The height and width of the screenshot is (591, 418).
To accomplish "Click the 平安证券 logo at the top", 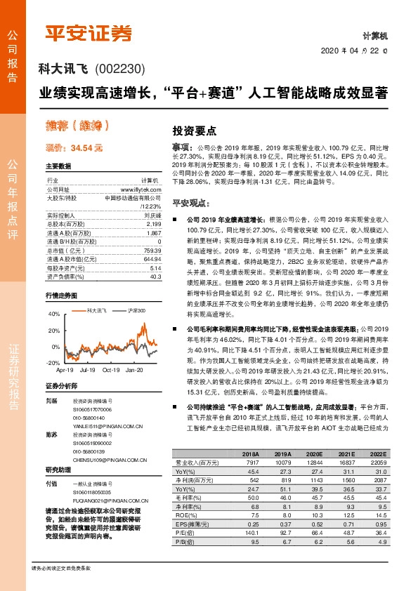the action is [89, 33].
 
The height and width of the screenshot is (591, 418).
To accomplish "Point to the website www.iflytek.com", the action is [144, 190].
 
